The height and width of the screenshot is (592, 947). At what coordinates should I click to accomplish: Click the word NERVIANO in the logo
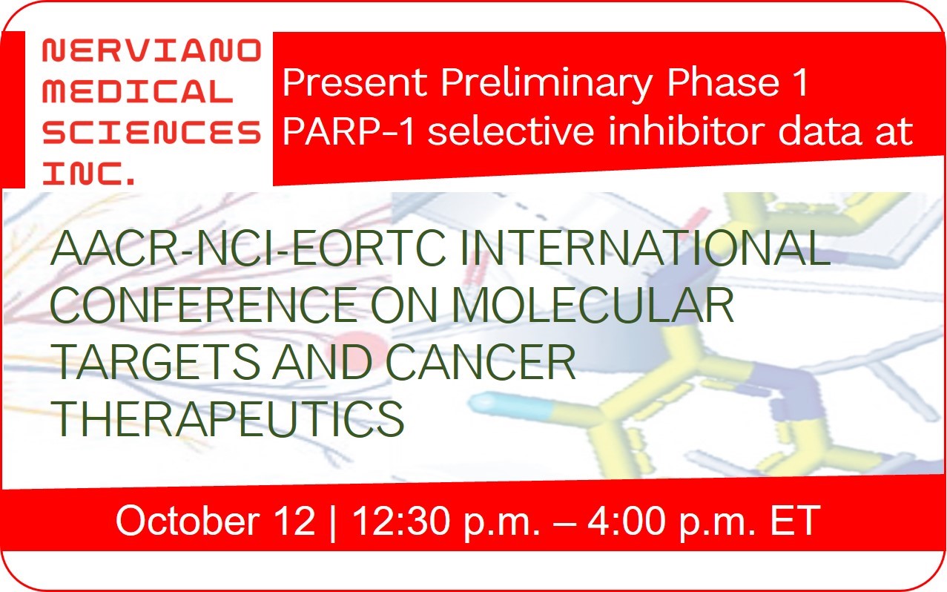point(152,50)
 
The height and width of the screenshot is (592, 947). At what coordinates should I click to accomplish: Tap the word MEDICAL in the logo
point(138,91)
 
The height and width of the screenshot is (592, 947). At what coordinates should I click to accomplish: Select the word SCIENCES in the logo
point(152,132)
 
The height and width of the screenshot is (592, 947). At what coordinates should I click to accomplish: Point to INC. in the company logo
point(88,173)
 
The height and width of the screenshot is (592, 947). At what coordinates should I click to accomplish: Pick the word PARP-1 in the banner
point(349,132)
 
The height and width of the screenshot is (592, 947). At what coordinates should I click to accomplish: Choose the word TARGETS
point(155,361)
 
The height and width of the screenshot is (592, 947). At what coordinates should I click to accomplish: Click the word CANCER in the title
point(481,361)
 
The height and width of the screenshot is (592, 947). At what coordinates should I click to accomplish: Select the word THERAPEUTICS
point(228,418)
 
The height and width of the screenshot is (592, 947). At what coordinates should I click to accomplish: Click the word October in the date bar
point(188,521)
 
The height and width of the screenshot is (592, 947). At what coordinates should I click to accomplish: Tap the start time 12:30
point(401,521)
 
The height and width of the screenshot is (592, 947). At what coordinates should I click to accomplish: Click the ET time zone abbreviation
point(795,521)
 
